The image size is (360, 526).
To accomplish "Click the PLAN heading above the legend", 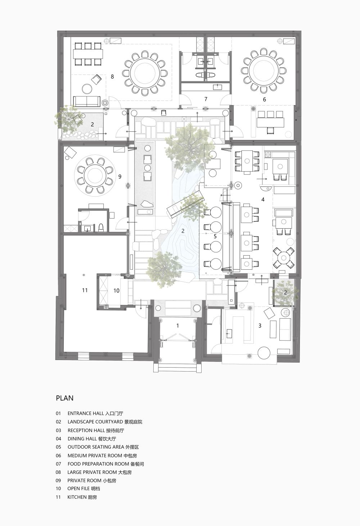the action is point(64,398).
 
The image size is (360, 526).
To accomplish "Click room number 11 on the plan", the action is point(85,290).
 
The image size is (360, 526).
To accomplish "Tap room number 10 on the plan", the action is point(117,291).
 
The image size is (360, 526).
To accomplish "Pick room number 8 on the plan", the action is point(112,77).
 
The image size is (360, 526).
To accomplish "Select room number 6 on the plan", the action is point(265,100).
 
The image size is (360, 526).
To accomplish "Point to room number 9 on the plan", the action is point(120,176).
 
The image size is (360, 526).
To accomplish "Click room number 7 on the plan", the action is point(206,99).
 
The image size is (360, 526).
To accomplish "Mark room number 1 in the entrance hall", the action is point(178,326).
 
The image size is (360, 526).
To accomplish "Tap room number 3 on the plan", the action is point(260,326).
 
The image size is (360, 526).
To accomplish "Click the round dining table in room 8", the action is point(145,73).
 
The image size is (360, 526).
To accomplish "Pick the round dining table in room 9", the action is point(95,176).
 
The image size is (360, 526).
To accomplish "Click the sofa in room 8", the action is point(86,101).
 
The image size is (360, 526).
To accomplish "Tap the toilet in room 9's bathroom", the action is point(101,227).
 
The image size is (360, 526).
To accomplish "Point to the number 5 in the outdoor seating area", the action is point(215,237).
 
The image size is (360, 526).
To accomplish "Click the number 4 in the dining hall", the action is point(263,199).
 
